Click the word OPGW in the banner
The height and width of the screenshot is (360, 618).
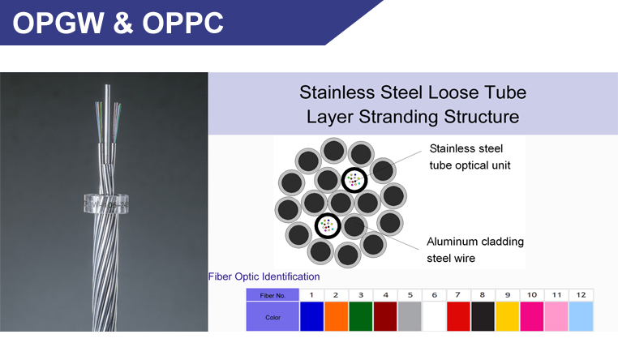58,23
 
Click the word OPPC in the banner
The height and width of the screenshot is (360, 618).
182,23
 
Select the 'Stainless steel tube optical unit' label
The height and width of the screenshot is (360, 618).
470,156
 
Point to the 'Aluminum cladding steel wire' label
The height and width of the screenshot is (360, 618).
475,250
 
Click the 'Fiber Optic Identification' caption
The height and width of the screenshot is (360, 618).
264,276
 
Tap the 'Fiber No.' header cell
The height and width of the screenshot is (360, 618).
273,295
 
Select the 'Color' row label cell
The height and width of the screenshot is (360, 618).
273,317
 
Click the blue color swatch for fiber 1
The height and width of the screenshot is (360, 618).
311,316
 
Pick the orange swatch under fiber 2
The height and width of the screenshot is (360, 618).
337,316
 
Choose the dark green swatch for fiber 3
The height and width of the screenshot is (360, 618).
361,316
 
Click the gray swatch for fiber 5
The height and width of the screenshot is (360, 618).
410,316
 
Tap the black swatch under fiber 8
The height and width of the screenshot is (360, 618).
483,316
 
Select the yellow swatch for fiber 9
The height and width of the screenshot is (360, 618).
507,316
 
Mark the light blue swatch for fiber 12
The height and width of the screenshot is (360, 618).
581,316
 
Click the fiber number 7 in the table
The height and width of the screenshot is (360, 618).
457,294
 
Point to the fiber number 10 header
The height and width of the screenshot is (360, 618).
532,294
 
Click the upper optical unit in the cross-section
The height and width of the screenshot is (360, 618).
354,180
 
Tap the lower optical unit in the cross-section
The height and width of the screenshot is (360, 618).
328,225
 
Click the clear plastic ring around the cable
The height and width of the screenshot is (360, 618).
106,204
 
